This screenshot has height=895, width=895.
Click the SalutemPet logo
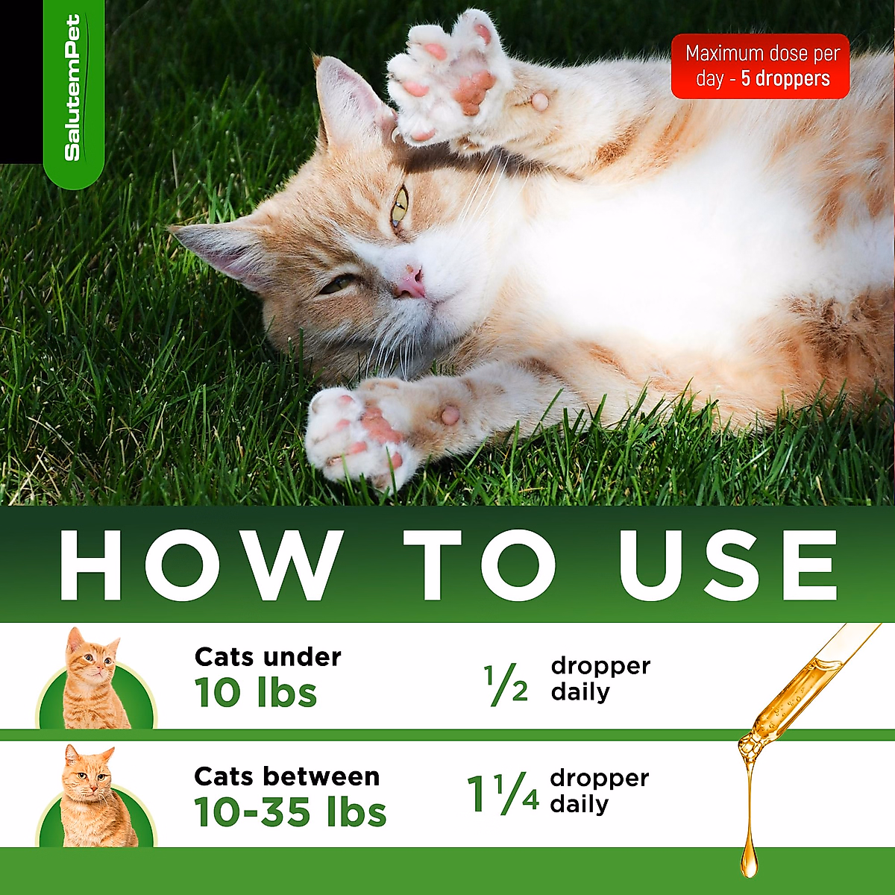click(x=73, y=89)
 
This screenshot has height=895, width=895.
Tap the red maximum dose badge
click(x=760, y=66)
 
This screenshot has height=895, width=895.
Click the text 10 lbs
click(x=256, y=693)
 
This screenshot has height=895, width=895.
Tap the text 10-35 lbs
click(x=290, y=812)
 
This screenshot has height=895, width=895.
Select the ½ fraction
click(x=506, y=685)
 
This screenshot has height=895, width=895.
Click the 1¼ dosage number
click(x=503, y=794)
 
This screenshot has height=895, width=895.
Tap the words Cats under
click(x=268, y=657)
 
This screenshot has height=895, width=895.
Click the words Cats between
click(x=286, y=776)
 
